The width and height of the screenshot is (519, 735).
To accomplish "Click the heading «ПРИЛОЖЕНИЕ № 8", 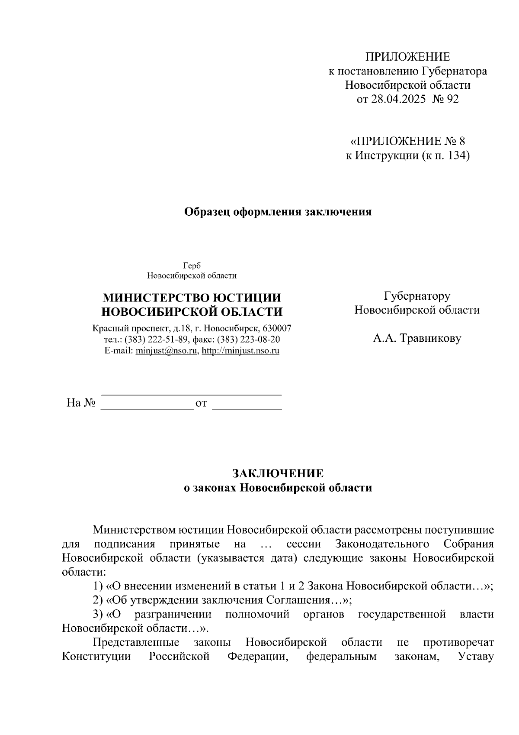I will (x=407, y=141).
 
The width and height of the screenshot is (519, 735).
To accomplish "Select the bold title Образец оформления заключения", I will (x=278, y=212).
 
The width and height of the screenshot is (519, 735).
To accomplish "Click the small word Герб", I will (x=192, y=266).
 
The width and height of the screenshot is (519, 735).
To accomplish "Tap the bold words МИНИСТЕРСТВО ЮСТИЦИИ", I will (x=192, y=298).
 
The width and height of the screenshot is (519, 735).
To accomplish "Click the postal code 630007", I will (x=277, y=328).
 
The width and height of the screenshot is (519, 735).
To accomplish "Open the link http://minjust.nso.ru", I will (x=240, y=351).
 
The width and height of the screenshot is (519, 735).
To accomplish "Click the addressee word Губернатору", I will (x=417, y=296).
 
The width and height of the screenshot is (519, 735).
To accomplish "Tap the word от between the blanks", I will (x=201, y=404).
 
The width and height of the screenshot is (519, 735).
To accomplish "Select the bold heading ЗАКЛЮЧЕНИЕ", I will (x=278, y=473).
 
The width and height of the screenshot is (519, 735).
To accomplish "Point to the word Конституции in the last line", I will (x=96, y=656).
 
